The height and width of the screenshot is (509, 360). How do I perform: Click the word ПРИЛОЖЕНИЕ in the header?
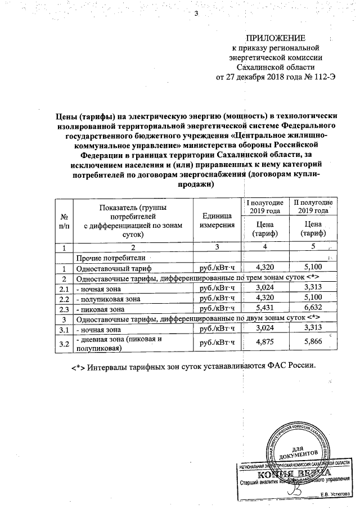[x=276, y=38]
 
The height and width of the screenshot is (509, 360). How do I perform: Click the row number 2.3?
[x=64, y=309]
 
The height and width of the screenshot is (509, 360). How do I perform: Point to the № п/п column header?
[x=64, y=221]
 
